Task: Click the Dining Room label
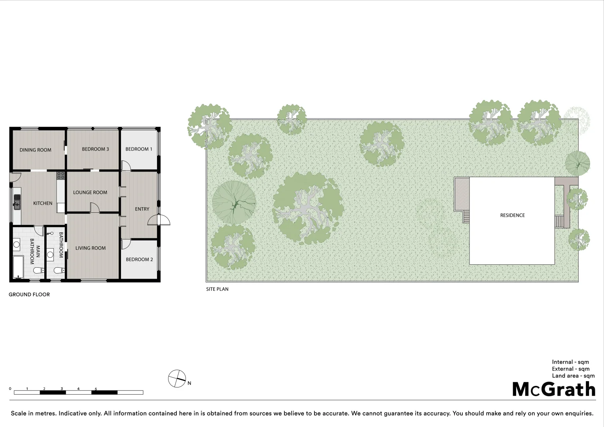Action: (36, 150)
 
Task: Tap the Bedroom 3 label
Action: (95, 149)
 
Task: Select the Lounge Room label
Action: (90, 193)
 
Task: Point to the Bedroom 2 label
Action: (139, 259)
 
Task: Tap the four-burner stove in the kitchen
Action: (61, 176)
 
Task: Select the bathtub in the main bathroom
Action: (18, 267)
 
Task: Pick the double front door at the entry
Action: (159, 220)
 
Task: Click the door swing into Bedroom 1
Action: (125, 166)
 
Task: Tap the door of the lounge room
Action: (95, 207)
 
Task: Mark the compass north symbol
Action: (177, 379)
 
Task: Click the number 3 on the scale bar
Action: (62, 389)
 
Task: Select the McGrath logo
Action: (553, 389)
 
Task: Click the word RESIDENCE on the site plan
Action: (512, 215)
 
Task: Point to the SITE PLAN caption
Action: (217, 289)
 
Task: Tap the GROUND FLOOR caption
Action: (29, 295)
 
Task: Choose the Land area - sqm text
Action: (573, 376)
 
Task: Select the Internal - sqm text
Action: (570, 362)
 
